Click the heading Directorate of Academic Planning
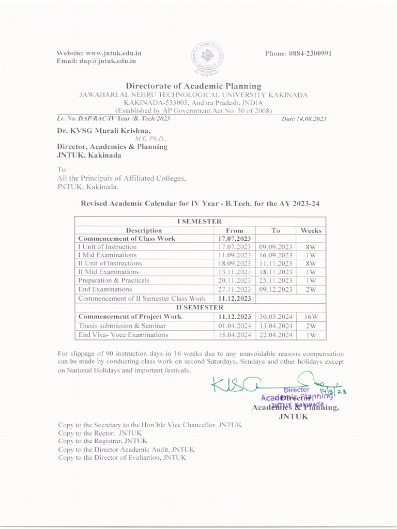tap(193, 86)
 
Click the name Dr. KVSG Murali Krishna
tap(103, 131)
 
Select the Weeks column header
tap(311, 230)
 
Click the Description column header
tap(144, 230)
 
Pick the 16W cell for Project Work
tap(311, 317)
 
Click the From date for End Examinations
tap(234, 289)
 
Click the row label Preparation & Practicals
tap(114, 281)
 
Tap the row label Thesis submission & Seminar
tap(122, 326)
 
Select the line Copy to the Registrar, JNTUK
tap(102, 441)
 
